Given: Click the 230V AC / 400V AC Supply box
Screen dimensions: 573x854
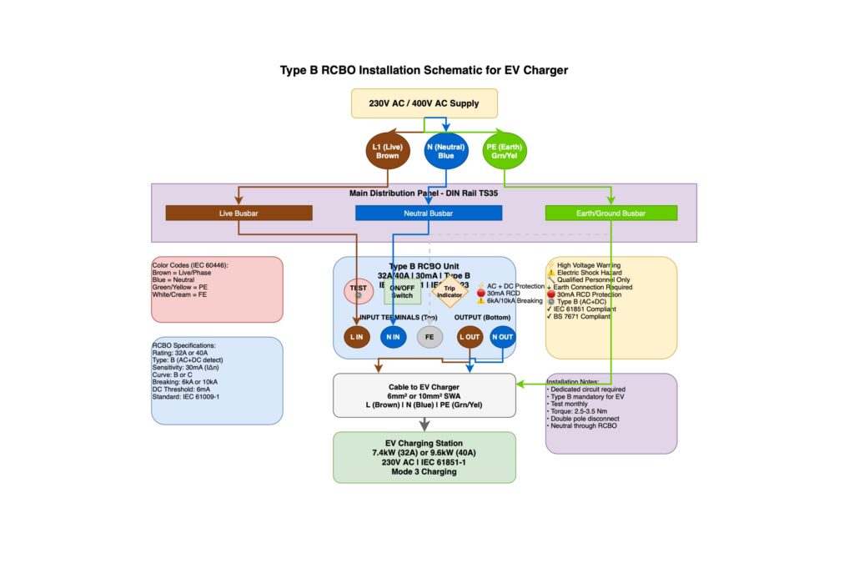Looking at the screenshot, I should click(424, 103).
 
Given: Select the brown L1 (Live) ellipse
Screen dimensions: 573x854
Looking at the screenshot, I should click(387, 151).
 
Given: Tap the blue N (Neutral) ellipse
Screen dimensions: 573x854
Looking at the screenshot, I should click(446, 151).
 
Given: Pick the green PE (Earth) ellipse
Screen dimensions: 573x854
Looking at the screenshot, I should click(505, 151).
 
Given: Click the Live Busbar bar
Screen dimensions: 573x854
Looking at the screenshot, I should click(239, 213).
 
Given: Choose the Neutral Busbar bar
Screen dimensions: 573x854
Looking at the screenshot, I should click(429, 213).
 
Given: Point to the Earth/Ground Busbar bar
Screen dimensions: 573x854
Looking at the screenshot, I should click(611, 213).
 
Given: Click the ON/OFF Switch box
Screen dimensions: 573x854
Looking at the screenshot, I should click(402, 292).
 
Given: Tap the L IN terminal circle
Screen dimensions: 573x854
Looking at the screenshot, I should click(357, 337).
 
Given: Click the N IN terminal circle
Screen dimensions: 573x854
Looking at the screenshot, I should click(393, 337).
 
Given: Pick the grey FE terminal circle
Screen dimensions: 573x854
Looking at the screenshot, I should click(430, 337).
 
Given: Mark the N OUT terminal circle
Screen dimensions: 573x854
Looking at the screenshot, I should click(503, 337).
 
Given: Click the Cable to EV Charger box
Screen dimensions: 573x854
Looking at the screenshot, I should click(424, 395).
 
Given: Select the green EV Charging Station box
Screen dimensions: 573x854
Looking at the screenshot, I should click(424, 457).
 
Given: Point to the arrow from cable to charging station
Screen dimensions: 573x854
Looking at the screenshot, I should click(424, 424).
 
